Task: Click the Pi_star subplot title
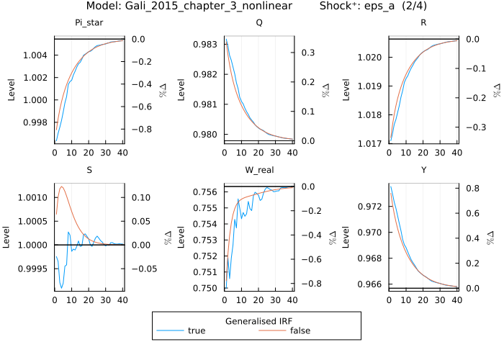pos(89,23)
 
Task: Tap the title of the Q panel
pos(259,23)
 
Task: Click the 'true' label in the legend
pos(196,331)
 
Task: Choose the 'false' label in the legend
pos(301,331)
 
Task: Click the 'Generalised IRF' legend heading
pos(256,320)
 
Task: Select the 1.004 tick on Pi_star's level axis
pos(37,55)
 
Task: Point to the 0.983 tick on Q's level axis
pos(207,45)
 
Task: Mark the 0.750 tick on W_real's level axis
pos(207,288)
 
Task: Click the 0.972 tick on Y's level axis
pos(372,207)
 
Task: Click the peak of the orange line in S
pos(62,186)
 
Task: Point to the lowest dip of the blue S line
pos(62,287)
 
